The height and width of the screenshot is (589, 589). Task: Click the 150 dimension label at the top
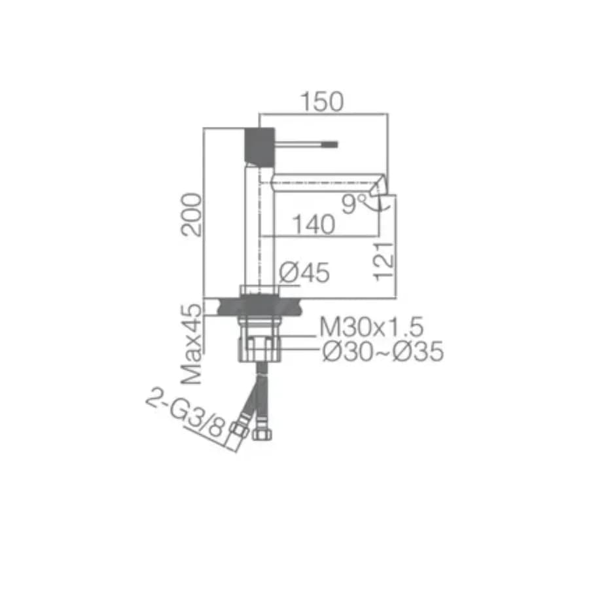coord(322,101)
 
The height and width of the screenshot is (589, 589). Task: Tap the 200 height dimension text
coord(191,215)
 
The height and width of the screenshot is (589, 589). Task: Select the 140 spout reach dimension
coord(313,224)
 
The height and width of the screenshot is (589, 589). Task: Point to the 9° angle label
coord(353,204)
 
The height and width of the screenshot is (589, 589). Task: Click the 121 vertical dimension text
coord(384,261)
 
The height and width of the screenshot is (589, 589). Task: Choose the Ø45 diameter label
coord(304,272)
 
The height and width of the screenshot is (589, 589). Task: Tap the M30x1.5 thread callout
coord(371,327)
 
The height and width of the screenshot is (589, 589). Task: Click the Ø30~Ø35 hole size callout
coord(383,351)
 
